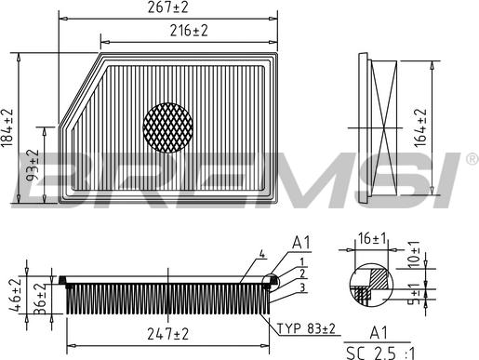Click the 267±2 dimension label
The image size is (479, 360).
click(x=167, y=7)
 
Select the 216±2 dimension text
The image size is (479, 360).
click(x=189, y=31)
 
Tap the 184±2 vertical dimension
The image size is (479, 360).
click(x=9, y=127)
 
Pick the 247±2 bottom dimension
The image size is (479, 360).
click(x=167, y=333)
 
